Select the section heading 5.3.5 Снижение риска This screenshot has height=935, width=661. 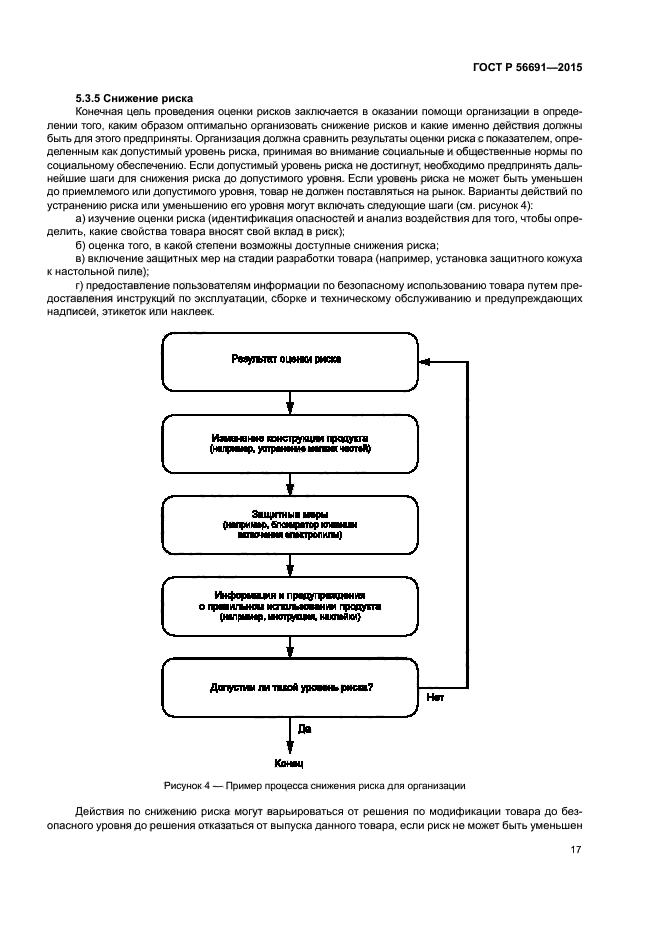[134, 97]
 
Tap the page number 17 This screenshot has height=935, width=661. [575, 849]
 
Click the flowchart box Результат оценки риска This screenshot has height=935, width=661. [289, 361]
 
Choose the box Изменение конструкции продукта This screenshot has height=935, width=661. [289, 444]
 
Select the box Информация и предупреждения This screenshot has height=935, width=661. [289, 606]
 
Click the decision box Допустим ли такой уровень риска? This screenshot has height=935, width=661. [289, 688]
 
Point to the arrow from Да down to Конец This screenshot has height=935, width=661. [289, 738]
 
